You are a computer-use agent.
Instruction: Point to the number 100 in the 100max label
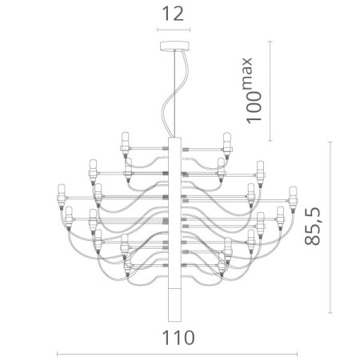tap(254, 104)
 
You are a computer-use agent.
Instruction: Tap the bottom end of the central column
tap(176, 315)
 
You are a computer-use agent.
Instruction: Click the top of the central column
tap(176, 139)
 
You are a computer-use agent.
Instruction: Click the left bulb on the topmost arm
tap(125, 142)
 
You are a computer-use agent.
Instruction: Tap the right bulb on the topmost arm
tap(227, 142)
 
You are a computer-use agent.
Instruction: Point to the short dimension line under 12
tap(177, 30)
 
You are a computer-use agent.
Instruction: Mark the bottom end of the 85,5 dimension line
tap(330, 315)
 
